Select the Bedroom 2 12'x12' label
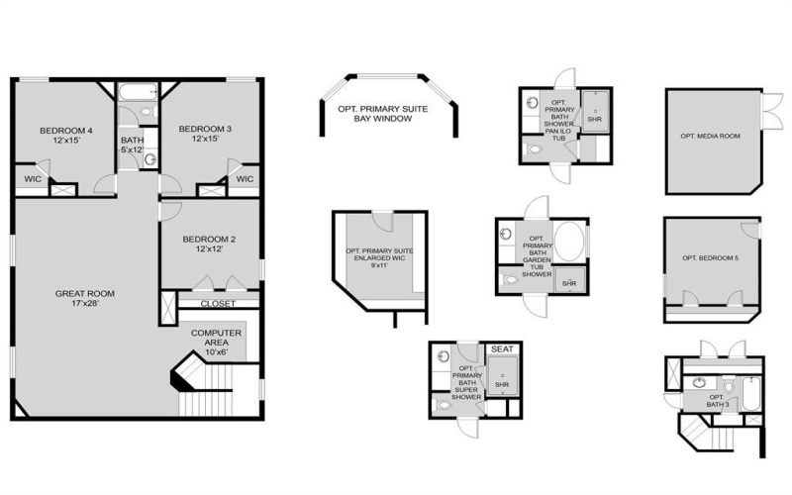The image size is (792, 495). point(209,245)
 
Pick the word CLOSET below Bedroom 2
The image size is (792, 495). point(218,303)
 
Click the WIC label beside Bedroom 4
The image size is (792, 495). point(32,179)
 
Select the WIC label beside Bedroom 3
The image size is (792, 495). point(245,179)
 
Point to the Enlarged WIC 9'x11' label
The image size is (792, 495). point(379,257)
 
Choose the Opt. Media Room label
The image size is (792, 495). point(710,135)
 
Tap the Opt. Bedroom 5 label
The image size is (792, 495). point(710,258)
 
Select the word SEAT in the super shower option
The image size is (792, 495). point(502,349)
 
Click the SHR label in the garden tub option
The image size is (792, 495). point(568,283)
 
